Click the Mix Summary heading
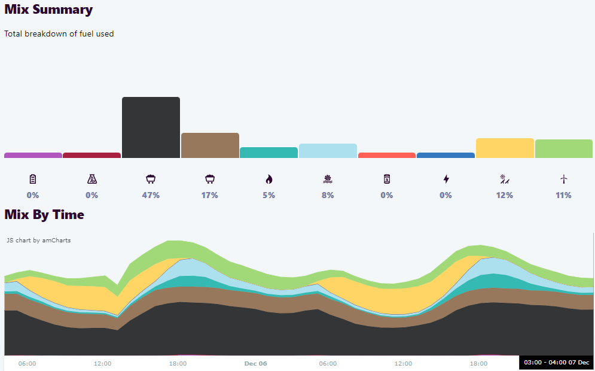tap(48, 10)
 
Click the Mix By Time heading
tap(44, 214)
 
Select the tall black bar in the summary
tap(151, 127)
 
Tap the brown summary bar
tap(210, 145)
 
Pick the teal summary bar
tap(268, 153)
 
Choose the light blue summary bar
tap(328, 151)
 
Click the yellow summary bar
tap(505, 148)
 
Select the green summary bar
tap(564, 149)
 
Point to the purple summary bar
tap(33, 156)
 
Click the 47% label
tap(151, 195)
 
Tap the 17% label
tap(210, 195)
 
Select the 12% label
tap(505, 195)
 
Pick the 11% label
tap(563, 195)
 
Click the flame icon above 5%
tap(268, 179)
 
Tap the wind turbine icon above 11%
tap(563, 179)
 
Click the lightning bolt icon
tap(446, 179)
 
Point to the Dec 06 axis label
tap(255, 363)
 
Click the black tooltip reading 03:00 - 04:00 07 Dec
tap(556, 363)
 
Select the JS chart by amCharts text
tap(39, 241)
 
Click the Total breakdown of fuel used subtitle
tap(59, 34)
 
